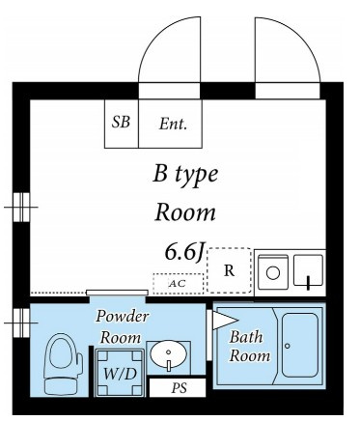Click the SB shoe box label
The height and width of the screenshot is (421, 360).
(x=121, y=123)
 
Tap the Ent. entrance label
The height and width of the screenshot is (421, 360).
(x=173, y=124)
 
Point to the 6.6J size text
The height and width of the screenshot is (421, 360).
(x=184, y=252)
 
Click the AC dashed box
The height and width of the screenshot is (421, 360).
(x=178, y=284)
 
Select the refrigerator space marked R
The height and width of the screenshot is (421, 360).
(x=229, y=270)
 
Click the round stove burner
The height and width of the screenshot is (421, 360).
(x=273, y=273)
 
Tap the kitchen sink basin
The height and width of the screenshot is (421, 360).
(x=308, y=270)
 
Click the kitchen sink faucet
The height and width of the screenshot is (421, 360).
(x=308, y=283)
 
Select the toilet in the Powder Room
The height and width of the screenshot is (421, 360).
(x=62, y=364)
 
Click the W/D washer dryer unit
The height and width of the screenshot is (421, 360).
(x=120, y=373)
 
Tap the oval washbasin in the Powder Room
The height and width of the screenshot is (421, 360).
(x=169, y=354)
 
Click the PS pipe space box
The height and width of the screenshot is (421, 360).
(x=178, y=388)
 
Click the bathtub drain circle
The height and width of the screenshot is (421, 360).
(x=288, y=346)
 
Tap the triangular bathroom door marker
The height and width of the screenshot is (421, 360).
(x=225, y=321)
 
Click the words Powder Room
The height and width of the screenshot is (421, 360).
(x=122, y=326)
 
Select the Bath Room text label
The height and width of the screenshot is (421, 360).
(x=249, y=347)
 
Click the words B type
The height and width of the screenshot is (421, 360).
(x=185, y=175)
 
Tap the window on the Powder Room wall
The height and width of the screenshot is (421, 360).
(x=21, y=323)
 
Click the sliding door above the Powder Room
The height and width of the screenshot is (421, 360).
(x=117, y=293)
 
